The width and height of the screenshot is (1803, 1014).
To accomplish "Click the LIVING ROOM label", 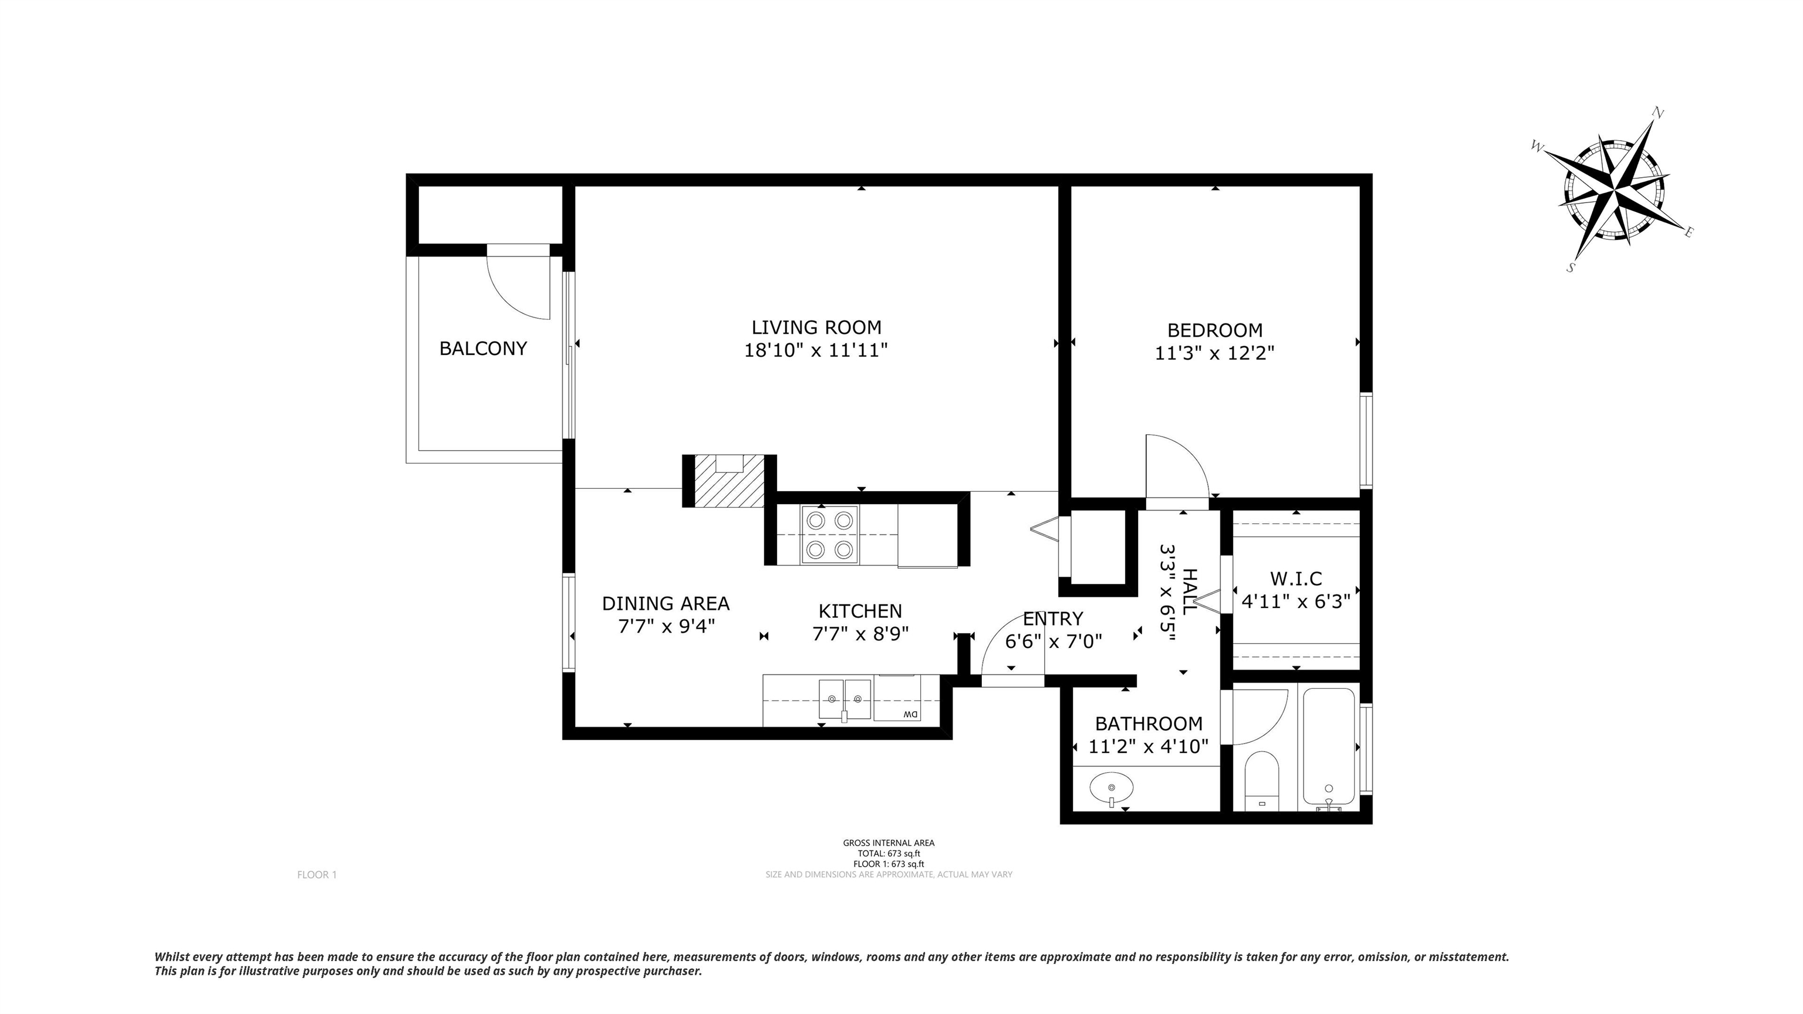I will pos(816,327).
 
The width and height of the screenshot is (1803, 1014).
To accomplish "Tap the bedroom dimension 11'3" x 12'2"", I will pos(1214,353).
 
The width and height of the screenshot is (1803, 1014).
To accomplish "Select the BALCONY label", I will pos(483,349).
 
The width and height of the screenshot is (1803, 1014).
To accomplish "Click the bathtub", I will pos(1328,746).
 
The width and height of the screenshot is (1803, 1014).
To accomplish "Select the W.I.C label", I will pos(1295,579).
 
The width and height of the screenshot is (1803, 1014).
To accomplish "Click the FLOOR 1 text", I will pos(317,875).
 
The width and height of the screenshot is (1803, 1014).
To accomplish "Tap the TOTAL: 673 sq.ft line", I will pos(889,854).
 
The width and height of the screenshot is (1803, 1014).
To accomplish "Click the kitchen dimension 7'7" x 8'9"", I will pos(860,634).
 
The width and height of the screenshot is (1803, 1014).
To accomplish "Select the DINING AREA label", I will pos(666,603).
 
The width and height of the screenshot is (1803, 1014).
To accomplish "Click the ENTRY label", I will pos(1053,618).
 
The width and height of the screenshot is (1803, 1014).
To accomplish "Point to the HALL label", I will pos(1189,591).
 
